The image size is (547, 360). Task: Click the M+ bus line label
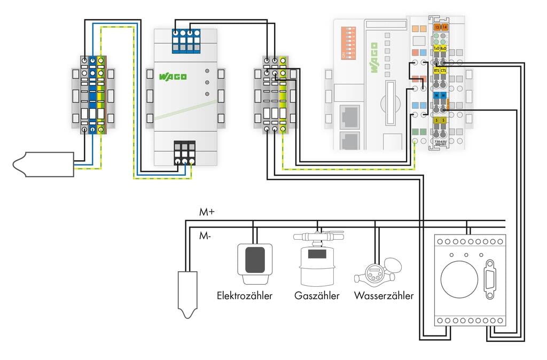(207, 213)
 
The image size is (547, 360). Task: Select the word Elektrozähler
(245, 295)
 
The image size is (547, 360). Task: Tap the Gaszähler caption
(317, 295)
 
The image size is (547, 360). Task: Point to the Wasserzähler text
(384, 295)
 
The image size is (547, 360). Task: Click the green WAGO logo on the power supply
(173, 77)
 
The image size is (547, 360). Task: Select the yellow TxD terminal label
(436, 48)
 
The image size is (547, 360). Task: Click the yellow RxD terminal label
(443, 48)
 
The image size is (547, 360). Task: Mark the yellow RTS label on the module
(436, 71)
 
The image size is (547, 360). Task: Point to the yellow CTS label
(443, 71)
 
